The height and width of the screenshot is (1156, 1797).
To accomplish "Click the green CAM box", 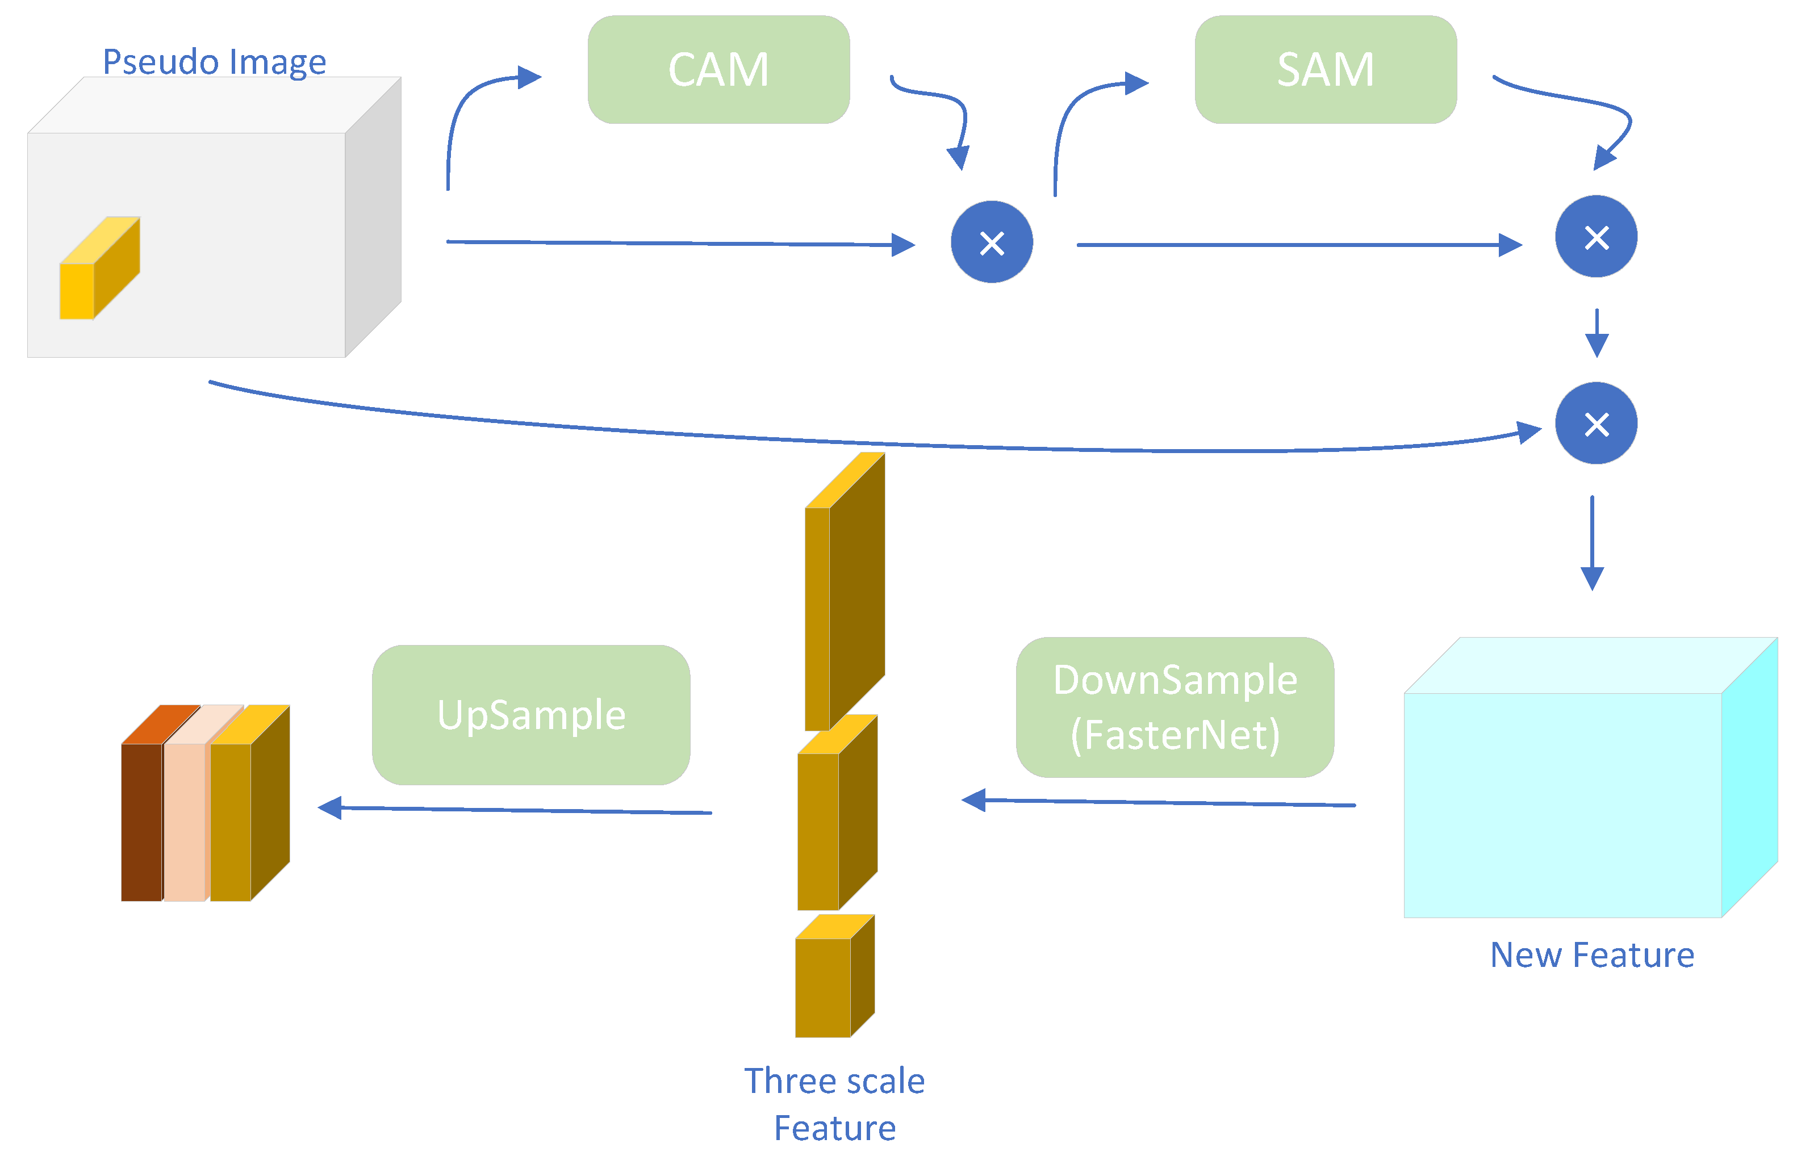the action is coord(718,69).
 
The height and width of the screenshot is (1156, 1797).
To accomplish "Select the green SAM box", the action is coord(1326,69).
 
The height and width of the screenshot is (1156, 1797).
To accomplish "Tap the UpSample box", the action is coord(531,715).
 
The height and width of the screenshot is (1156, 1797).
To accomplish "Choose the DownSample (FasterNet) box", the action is coord(1175,707).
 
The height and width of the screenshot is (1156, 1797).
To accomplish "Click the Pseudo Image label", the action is coord(215,61).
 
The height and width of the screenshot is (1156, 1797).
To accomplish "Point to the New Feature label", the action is coord(1592,955).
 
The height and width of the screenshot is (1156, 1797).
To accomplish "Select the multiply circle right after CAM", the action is coord(992,242).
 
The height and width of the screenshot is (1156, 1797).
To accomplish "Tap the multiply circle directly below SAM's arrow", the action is coord(1596,236).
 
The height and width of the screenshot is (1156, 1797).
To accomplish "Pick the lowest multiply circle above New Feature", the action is coord(1596,424).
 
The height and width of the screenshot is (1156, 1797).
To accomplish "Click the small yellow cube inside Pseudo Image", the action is coord(100,268).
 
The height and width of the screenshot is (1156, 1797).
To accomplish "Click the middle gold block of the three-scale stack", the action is coord(837,812).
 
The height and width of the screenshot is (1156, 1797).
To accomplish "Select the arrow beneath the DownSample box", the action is coord(1159,802).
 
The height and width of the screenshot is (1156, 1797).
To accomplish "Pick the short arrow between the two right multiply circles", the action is coord(1597,333).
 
